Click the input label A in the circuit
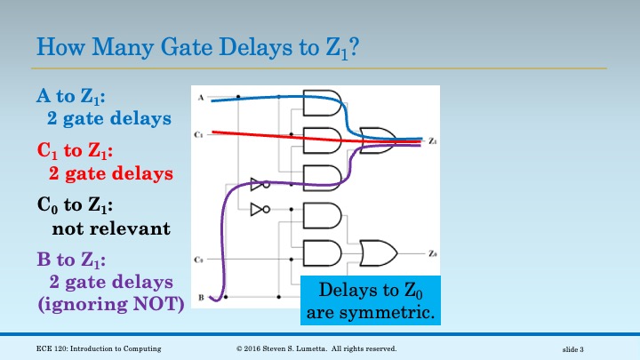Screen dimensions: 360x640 201,96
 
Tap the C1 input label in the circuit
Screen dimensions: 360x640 200,134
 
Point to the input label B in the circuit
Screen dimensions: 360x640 201,297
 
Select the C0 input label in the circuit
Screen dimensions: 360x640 200,259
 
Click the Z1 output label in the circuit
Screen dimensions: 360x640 432,140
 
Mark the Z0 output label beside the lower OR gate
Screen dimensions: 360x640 432,253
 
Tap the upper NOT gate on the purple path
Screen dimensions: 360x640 259,185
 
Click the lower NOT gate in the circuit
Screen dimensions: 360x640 259,210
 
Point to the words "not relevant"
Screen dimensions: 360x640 110,228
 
